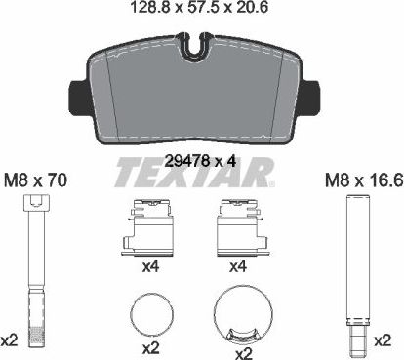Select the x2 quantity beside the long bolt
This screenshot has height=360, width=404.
[11, 340]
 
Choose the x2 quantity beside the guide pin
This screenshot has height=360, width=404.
[384, 340]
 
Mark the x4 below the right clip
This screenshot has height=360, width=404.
[237, 265]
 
